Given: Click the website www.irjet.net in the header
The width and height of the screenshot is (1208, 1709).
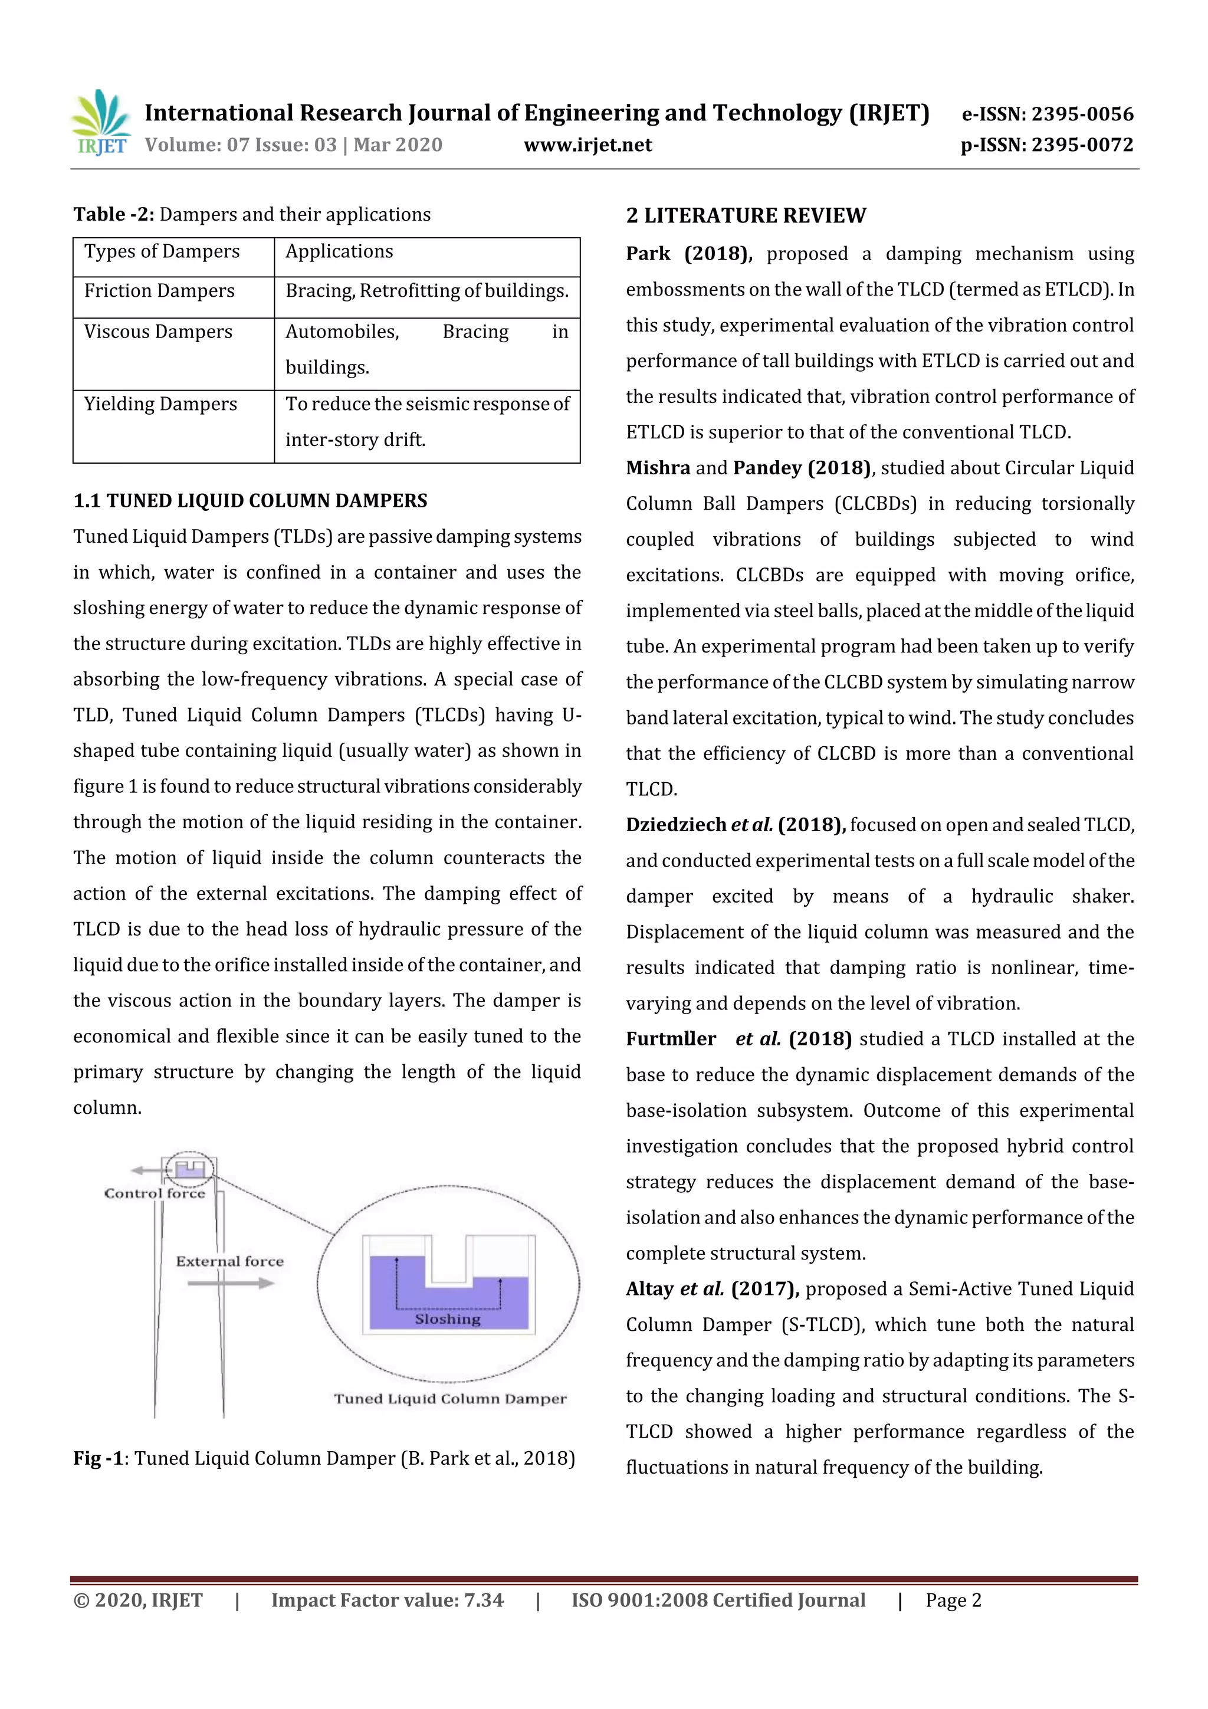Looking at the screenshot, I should tap(587, 145).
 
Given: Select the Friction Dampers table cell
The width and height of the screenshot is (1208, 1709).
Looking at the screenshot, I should tap(159, 291).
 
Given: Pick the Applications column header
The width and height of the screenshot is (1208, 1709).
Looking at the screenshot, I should tap(339, 251).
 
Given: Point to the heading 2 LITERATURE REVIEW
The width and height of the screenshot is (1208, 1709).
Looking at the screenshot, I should tap(746, 216).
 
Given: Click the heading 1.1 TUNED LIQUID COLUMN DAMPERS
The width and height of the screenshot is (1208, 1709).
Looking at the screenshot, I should tap(250, 501).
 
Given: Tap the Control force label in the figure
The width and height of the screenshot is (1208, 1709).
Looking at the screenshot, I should tap(154, 1193).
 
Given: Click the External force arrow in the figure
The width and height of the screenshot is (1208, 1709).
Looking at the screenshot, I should tap(231, 1282).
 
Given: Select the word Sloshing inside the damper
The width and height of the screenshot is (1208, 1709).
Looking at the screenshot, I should tap(447, 1318).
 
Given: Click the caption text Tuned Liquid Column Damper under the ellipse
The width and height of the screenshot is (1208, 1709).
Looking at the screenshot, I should tap(450, 1399).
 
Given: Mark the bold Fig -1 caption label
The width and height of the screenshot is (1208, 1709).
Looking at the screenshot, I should tap(97, 1458).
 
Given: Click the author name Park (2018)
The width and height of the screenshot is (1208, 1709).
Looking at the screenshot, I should tap(688, 254).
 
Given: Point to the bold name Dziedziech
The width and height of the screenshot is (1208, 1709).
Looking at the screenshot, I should tap(676, 825).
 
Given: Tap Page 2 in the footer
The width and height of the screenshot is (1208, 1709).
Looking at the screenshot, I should tap(953, 1600).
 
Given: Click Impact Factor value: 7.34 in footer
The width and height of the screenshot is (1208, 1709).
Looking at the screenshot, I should tap(387, 1600).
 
